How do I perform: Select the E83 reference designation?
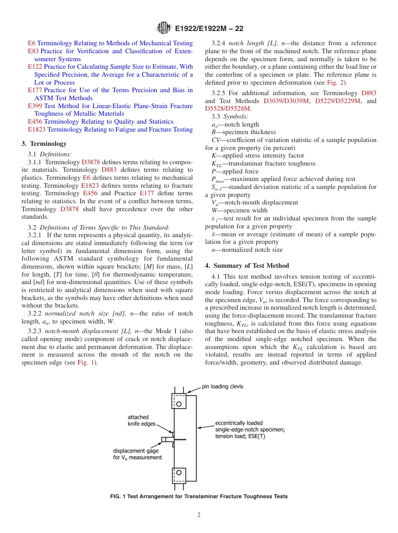pos(33,51)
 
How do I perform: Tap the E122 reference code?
pos(35,67)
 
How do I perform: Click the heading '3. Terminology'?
pos(44,144)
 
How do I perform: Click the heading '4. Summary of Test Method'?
pos(247,266)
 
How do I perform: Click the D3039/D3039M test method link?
pos(287,101)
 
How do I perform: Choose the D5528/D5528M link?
pos(228,109)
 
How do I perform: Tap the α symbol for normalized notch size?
pos(214,250)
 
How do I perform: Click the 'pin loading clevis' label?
pos(222,386)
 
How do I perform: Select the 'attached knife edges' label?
pos(141,420)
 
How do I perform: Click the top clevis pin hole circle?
pos(179,404)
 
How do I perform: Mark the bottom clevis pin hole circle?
pos(179,472)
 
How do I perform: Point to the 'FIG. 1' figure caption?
pos(199,497)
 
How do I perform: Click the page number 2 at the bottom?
pos(199,515)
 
